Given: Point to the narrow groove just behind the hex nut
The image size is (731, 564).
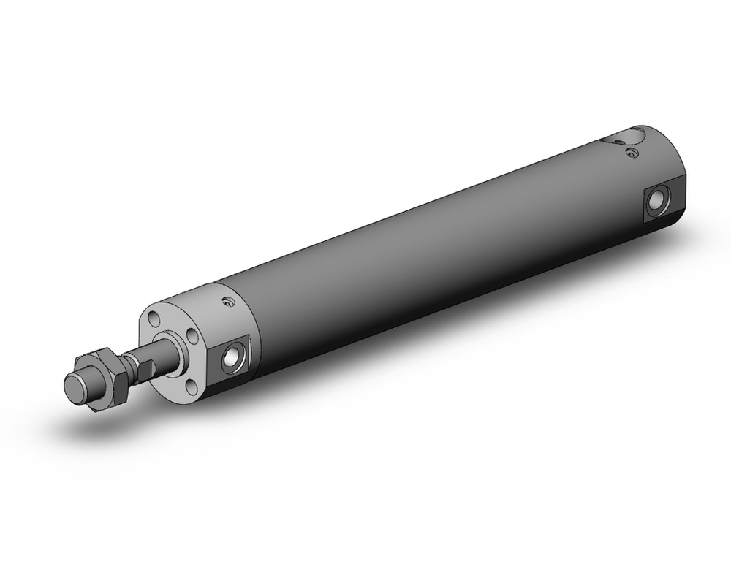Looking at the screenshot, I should click(129, 365).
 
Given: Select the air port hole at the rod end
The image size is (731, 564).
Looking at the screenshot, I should click(234, 356).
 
